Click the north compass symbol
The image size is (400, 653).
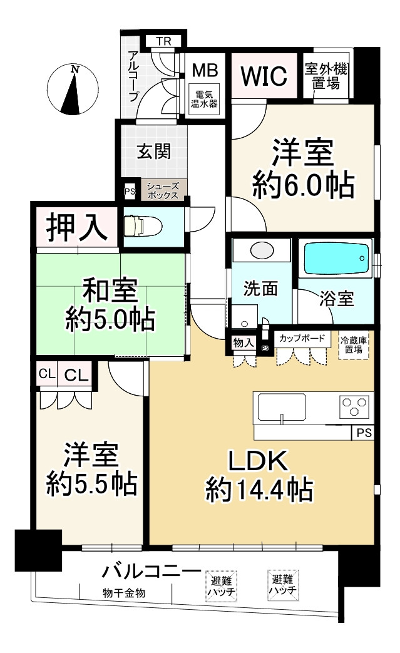[x=73, y=89]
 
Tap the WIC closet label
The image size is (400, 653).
[x=264, y=76]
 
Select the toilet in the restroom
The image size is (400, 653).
[x=140, y=227]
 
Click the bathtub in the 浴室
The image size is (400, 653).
[x=337, y=258]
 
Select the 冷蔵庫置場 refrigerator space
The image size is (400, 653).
[x=354, y=345]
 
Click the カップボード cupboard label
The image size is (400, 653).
[x=301, y=337]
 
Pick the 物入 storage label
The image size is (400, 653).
[x=244, y=342]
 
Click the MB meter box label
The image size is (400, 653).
[x=205, y=70]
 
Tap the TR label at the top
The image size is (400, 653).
[x=163, y=41]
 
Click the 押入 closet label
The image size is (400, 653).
[x=77, y=227]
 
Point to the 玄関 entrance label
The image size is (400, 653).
[x=154, y=152]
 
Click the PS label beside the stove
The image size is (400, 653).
[x=364, y=433]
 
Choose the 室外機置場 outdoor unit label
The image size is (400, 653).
[x=326, y=76]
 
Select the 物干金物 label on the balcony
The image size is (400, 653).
[x=124, y=593]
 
